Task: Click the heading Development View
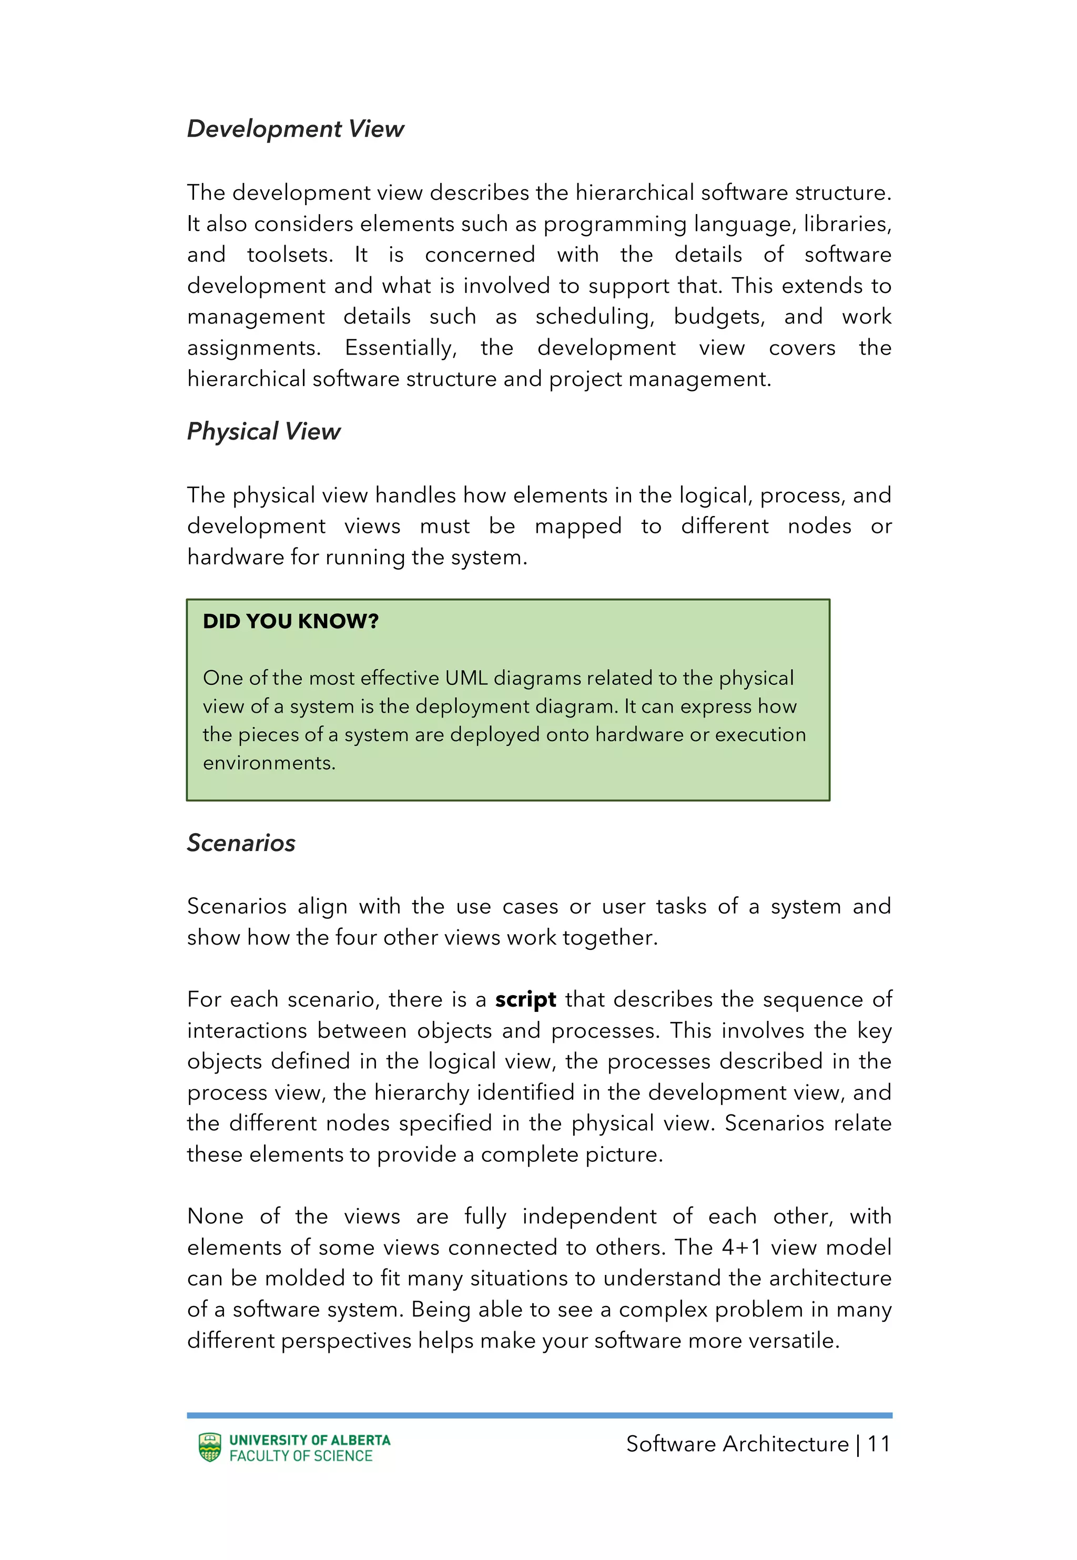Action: tap(295, 129)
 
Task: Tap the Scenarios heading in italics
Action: tap(241, 843)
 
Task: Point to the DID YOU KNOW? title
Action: tap(290, 622)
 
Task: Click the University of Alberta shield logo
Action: tap(210, 1447)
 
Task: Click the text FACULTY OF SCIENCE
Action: tap(300, 1456)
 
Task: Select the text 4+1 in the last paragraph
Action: tap(741, 1247)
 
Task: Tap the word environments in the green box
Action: tap(269, 763)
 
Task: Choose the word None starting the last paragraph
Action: tap(215, 1216)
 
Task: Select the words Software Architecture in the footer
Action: tap(737, 1444)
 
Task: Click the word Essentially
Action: tap(400, 348)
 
